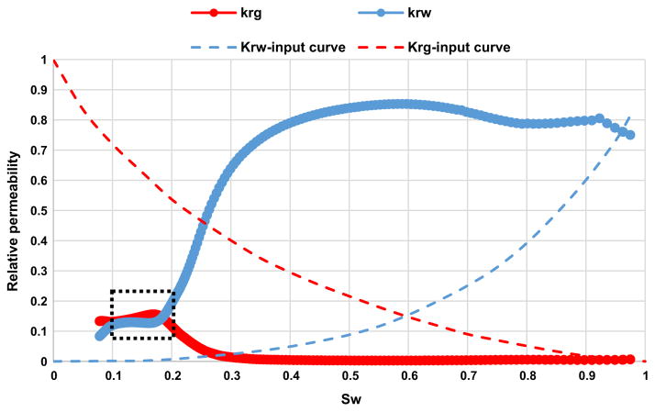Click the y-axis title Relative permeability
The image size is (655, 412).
pos(15,210)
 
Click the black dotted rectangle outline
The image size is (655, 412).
pos(142,292)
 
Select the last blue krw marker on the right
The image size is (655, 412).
pos(629,135)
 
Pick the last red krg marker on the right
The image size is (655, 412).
pos(629,359)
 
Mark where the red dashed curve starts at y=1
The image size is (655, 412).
pos(55,61)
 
